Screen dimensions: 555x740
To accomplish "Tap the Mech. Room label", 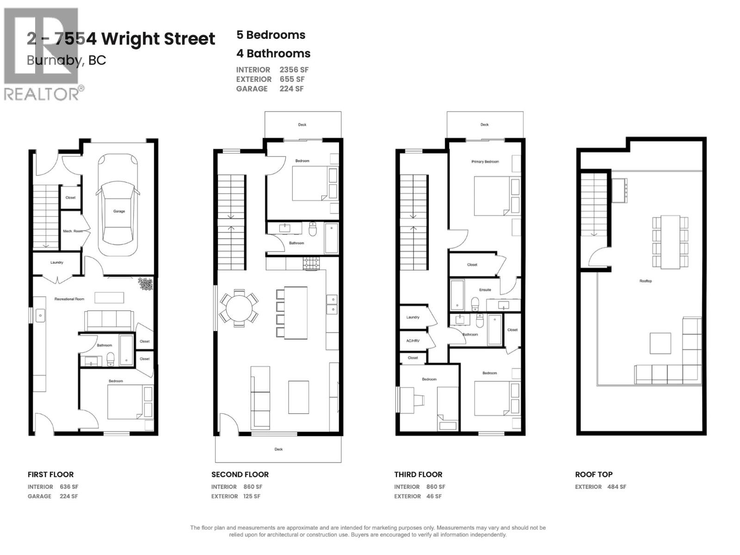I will coord(73,231).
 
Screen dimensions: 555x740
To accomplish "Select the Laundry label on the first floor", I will coord(57,262).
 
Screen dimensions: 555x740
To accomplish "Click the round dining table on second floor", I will coord(239,307).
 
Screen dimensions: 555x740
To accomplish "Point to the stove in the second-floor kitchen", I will coord(311,264).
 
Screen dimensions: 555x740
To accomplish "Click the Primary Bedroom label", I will coord(485,161).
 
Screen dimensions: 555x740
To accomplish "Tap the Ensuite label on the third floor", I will coord(485,290).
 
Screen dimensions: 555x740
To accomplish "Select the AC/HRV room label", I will coord(413,340).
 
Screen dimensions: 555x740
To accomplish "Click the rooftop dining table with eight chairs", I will coord(670,241).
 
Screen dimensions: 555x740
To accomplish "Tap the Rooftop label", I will coord(646,281).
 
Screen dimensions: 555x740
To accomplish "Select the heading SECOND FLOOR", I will coord(240,474).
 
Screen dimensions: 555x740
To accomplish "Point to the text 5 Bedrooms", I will coord(271,35).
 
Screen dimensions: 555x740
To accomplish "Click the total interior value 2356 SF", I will coord(294,70).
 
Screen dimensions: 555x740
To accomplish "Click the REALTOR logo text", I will coord(42,94).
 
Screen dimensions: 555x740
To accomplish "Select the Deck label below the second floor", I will coord(278,449).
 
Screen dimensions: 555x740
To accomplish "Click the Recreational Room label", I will coord(69,299).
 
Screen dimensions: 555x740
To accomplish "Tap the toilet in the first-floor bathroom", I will coord(111,359).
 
